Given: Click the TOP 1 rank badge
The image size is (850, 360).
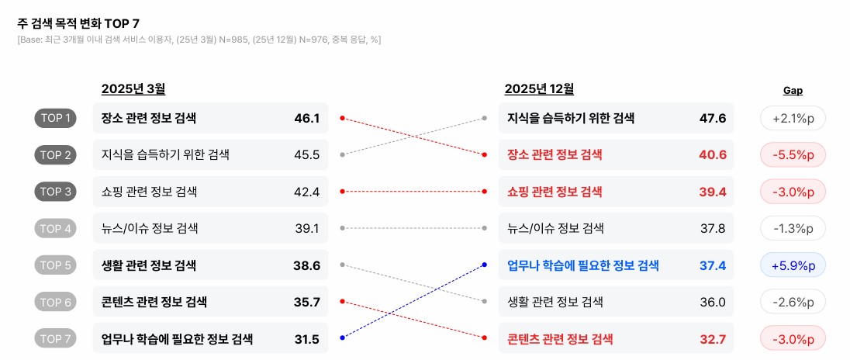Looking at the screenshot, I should click(x=55, y=119).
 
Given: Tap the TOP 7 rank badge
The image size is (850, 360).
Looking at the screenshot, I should click(x=55, y=339).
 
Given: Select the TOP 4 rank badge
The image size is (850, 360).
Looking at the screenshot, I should click(x=55, y=229).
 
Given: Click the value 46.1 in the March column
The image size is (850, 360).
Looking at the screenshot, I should click(x=307, y=119).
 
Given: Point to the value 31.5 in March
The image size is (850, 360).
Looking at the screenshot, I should click(x=307, y=339).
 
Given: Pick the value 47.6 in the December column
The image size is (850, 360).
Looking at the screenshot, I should click(x=712, y=119).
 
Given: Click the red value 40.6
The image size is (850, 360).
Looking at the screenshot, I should click(x=712, y=155).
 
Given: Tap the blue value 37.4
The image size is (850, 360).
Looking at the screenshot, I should click(x=712, y=265).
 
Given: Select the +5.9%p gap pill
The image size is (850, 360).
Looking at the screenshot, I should click(x=793, y=265).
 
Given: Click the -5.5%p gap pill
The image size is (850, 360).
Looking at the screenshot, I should click(x=793, y=155).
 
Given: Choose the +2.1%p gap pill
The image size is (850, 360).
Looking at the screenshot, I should click(x=793, y=119).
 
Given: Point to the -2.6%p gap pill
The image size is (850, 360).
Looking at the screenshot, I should click(x=793, y=302).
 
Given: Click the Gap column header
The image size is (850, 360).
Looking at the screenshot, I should click(x=793, y=91).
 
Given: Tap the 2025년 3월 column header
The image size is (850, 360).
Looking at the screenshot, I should click(x=133, y=89).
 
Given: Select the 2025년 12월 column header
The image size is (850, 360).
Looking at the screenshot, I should click(x=539, y=89).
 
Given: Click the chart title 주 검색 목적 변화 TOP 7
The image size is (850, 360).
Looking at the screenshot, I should click(x=73, y=24).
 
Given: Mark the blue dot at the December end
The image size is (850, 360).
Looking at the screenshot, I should click(x=485, y=265).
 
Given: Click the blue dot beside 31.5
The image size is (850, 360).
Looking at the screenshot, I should click(x=342, y=337).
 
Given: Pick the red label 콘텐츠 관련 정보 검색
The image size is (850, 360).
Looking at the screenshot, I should click(x=560, y=339).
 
